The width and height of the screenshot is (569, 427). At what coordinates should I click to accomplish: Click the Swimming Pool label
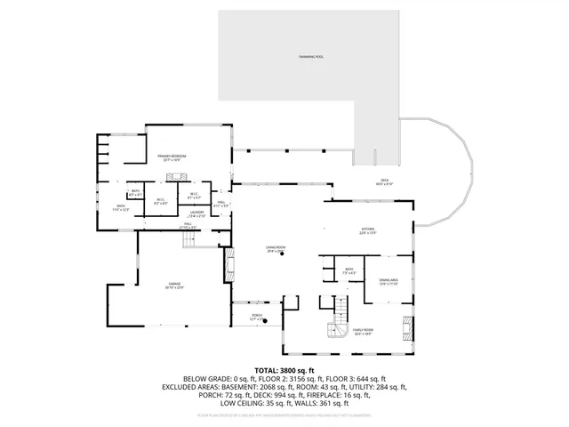pyautogui.click(x=311, y=56)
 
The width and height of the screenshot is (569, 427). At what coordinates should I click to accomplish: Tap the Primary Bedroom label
pyautogui.click(x=178, y=157)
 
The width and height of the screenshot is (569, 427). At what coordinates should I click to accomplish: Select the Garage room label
pyautogui.click(x=173, y=285)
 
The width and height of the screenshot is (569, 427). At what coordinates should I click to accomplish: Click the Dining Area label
pyautogui.click(x=389, y=282)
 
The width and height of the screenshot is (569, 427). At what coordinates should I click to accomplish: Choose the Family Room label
pyautogui.click(x=363, y=331)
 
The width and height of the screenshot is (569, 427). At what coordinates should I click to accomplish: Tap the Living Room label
pyautogui.click(x=274, y=250)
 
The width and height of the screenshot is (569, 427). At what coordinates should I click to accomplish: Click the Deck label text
pyautogui.click(x=383, y=183)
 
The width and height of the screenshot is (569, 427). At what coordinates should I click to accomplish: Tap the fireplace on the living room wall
pyautogui.click(x=230, y=264)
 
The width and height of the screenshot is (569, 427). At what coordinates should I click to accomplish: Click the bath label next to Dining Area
pyautogui.click(x=349, y=270)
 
